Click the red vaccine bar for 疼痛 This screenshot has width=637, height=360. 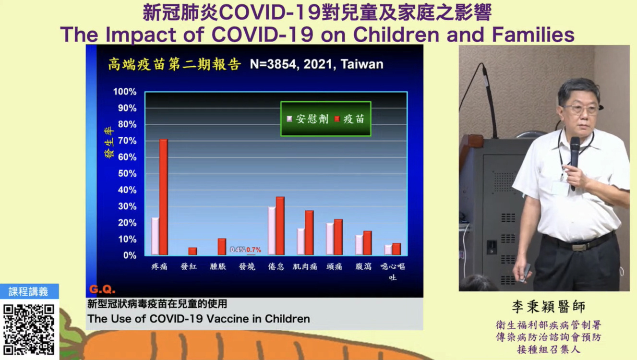(164, 197)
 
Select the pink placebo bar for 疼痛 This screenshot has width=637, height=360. (155, 236)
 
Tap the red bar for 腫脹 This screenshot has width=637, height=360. (222, 247)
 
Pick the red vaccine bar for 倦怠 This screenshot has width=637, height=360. (280, 226)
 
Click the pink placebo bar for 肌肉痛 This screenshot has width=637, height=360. (301, 241)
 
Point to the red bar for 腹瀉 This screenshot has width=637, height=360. (367, 243)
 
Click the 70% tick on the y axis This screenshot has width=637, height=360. (127, 141)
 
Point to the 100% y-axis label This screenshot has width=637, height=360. (125, 92)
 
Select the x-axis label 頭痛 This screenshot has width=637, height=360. (334, 266)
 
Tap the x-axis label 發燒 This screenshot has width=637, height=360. (247, 266)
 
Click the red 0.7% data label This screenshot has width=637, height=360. (253, 250)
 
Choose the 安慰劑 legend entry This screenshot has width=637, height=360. (308, 119)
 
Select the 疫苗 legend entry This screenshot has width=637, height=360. (349, 119)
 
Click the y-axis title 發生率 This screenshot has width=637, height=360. (109, 143)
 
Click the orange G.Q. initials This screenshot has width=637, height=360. (102, 289)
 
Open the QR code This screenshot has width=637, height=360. (29, 329)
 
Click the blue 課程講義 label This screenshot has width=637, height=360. (29, 291)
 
